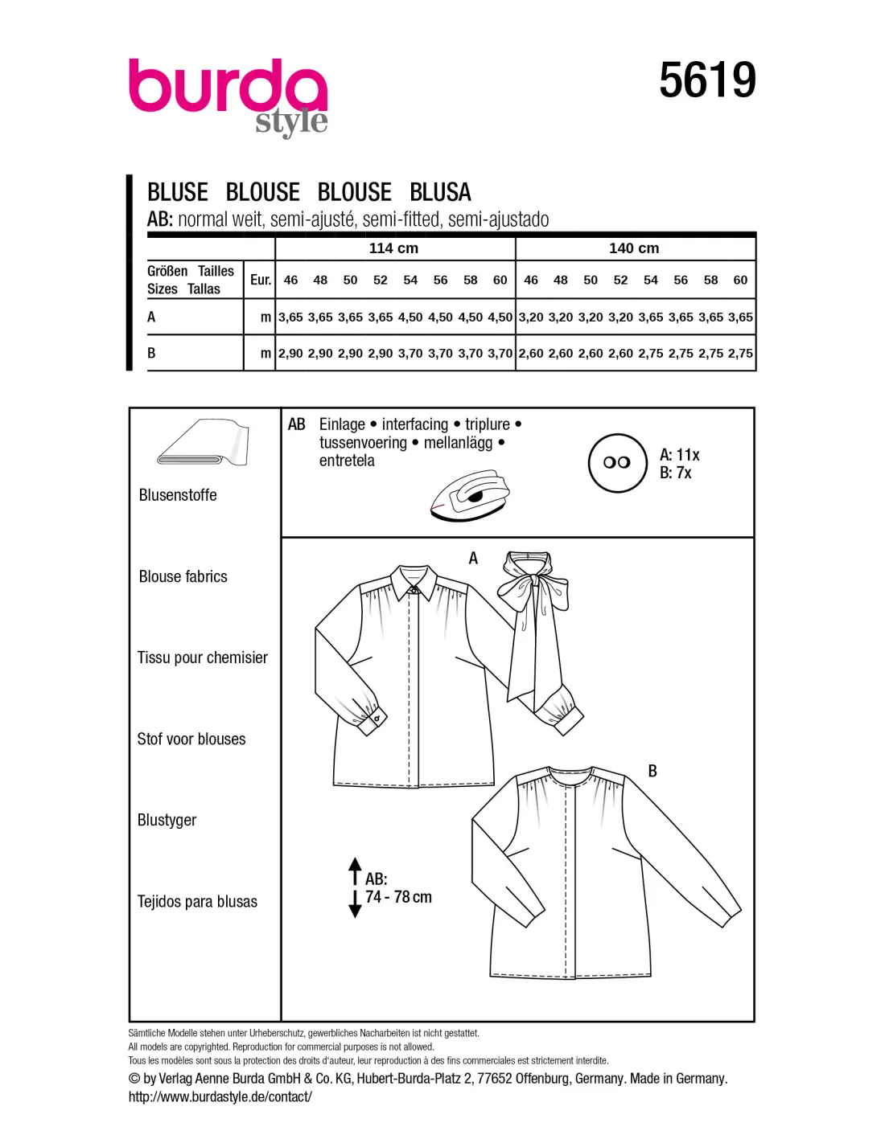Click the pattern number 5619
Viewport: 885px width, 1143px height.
707,80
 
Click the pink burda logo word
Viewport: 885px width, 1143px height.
228,85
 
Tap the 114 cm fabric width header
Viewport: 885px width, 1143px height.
393,248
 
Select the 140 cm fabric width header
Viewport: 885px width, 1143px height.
634,248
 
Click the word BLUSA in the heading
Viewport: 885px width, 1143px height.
440,192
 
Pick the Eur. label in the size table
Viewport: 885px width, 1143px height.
261,280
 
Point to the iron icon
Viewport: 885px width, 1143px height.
470,495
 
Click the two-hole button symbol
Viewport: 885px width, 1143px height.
617,464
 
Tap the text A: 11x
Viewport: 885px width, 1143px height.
679,454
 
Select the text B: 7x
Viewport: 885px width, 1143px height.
676,473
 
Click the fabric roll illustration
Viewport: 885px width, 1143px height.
204,442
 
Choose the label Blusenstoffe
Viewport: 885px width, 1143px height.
178,495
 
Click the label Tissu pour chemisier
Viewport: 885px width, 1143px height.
203,658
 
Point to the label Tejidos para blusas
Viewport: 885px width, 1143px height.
197,902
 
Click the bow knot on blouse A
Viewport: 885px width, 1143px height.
534,579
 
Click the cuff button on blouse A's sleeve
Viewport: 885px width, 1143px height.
378,719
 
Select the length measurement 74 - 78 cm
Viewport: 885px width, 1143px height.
398,897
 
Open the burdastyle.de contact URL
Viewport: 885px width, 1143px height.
220,1096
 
